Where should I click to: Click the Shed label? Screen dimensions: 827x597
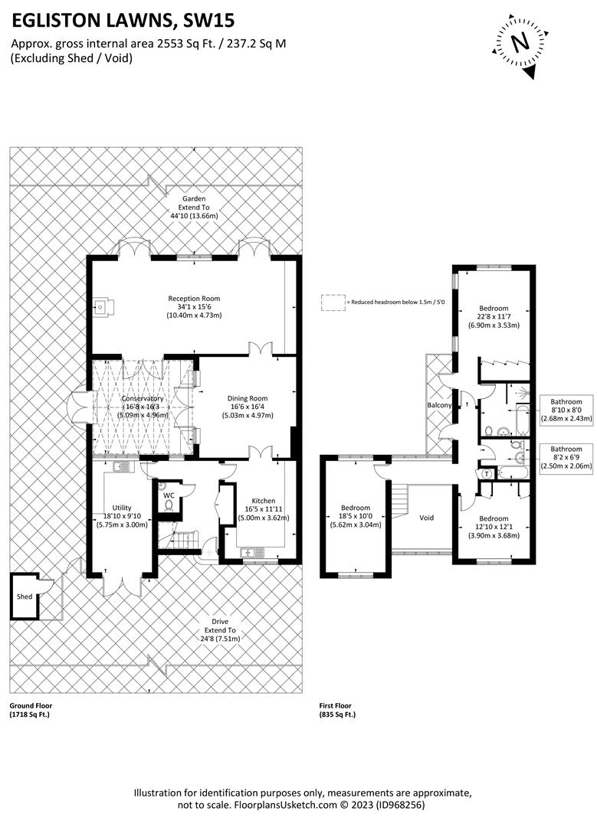[x=25, y=596]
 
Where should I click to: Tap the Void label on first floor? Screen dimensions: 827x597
[x=426, y=518]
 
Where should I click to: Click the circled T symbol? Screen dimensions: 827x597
[x=487, y=474]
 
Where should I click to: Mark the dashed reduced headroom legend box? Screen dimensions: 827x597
[x=333, y=302]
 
